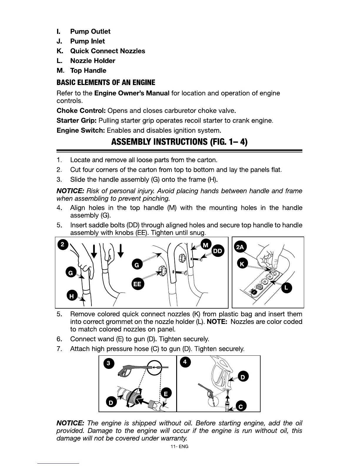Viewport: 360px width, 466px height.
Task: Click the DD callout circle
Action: pos(218,251)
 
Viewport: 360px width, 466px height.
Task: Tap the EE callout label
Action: pos(137,284)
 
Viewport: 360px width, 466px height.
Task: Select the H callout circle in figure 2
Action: pos(71,296)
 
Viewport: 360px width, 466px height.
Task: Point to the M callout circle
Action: pos(206,245)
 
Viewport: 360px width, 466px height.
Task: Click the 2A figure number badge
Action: pos(240,247)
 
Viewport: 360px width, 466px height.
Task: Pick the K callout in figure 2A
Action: pos(242,264)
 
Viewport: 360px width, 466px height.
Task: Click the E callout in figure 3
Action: pos(166,394)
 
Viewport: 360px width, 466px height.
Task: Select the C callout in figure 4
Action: pos(241,406)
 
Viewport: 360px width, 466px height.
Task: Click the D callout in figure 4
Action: pos(243,377)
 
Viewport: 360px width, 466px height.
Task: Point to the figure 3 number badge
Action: pos(109,363)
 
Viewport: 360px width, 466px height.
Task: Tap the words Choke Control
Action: pos(81,111)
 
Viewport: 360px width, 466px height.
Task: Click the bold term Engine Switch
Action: pos(81,130)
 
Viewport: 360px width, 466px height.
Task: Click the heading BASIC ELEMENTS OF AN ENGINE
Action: pos(106,82)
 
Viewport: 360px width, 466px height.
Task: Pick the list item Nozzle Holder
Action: pos(93,61)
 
